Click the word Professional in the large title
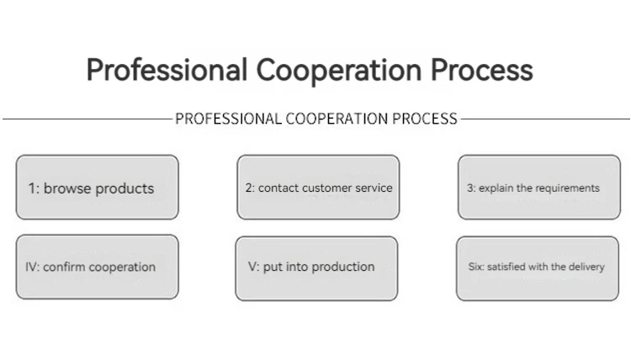[x=165, y=70]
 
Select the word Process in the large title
[x=482, y=70]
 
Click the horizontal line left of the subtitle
[x=84, y=119]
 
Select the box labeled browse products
[x=98, y=187]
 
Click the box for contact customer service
[x=317, y=187]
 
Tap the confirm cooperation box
[x=98, y=267]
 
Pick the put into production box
[x=315, y=267]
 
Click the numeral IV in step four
[x=32, y=267]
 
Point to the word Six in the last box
[x=475, y=267]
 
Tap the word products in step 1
[x=125, y=188]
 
